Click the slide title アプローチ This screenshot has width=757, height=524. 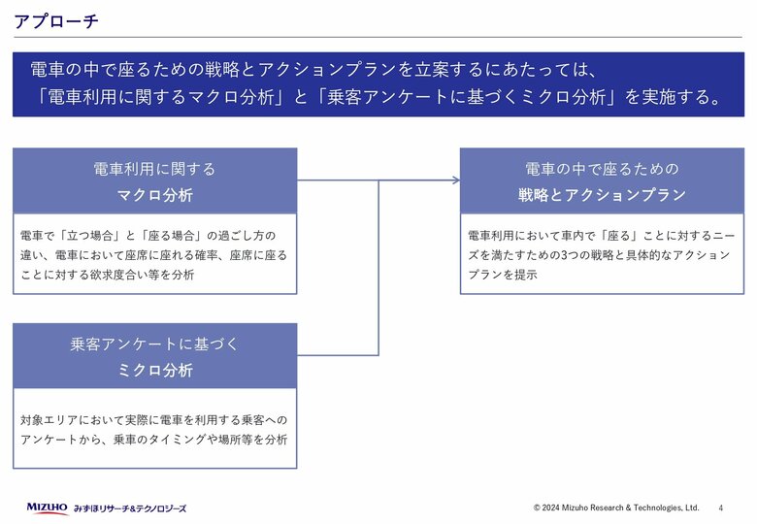(x=56, y=21)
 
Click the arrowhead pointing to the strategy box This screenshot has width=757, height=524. (x=456, y=180)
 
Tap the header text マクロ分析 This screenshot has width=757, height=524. (x=155, y=195)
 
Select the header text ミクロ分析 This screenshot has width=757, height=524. (x=155, y=370)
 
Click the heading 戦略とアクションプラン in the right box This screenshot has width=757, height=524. (x=602, y=195)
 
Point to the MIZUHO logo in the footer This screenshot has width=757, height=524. (x=47, y=508)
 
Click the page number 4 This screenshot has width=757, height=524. (x=721, y=508)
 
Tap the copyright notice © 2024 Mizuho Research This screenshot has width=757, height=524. (x=616, y=508)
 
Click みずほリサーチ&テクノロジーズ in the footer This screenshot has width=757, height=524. (x=130, y=508)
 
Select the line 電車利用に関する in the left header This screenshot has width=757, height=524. (x=154, y=170)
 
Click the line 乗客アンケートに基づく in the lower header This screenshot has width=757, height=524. (x=154, y=344)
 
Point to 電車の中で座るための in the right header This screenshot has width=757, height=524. (x=602, y=170)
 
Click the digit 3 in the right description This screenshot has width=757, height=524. (x=564, y=255)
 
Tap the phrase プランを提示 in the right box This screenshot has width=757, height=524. (x=503, y=275)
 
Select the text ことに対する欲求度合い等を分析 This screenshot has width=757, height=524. (x=107, y=275)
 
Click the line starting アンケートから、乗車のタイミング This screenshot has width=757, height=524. (x=154, y=440)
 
